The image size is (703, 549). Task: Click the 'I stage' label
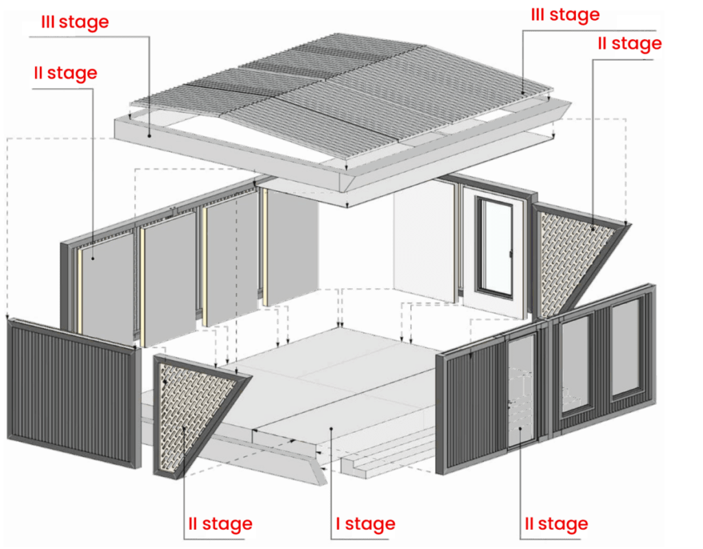click(x=365, y=524)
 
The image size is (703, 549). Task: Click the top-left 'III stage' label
click(x=75, y=21)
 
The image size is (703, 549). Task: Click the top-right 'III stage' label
click(x=565, y=14)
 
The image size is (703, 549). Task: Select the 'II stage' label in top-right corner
click(x=630, y=44)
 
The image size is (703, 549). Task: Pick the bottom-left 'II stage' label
click(x=220, y=525)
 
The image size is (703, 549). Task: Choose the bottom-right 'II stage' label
click(x=556, y=524)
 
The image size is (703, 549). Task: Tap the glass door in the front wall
click(x=522, y=391)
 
